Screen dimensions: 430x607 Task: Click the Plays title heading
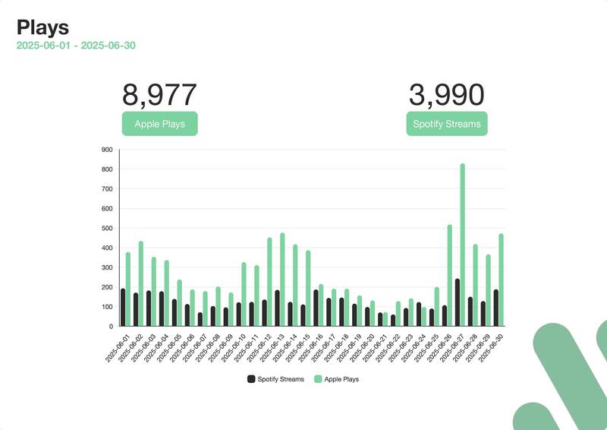pos(43,28)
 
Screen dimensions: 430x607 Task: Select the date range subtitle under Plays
pos(76,46)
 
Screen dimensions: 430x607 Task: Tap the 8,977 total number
pos(159,96)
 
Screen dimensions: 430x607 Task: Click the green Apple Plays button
pos(159,124)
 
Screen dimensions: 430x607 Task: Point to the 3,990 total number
pos(446,96)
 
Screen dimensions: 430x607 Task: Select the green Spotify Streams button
pos(446,124)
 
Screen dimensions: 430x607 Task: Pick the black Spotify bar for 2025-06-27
pos(457,302)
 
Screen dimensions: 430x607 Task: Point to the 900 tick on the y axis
pos(106,150)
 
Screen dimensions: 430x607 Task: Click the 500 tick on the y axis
pos(106,228)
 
